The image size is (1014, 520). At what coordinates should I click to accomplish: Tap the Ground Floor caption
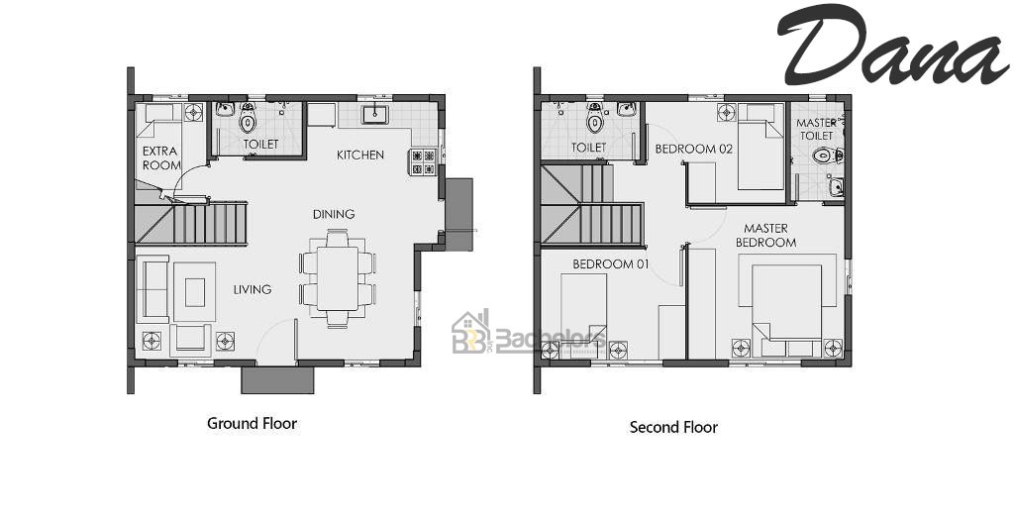(x=252, y=423)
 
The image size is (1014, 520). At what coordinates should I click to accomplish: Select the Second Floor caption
(x=673, y=427)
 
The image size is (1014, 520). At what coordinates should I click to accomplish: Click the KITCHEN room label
(x=359, y=155)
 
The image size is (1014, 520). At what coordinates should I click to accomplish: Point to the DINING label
(x=333, y=214)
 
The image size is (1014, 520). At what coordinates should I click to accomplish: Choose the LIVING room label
(x=253, y=289)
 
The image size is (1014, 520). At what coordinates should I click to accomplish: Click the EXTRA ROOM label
(x=161, y=158)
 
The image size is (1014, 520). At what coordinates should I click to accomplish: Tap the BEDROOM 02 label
(x=693, y=149)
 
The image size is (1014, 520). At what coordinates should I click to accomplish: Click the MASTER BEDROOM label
(x=765, y=236)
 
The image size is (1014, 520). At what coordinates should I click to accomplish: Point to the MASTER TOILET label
(x=816, y=129)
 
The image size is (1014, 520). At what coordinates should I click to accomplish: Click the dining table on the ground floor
(x=338, y=278)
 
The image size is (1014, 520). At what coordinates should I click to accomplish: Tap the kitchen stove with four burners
(x=423, y=162)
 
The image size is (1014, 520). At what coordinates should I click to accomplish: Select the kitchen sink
(x=375, y=115)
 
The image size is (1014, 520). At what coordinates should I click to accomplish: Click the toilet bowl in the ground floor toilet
(x=248, y=120)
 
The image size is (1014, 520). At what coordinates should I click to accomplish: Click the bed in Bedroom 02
(x=760, y=146)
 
